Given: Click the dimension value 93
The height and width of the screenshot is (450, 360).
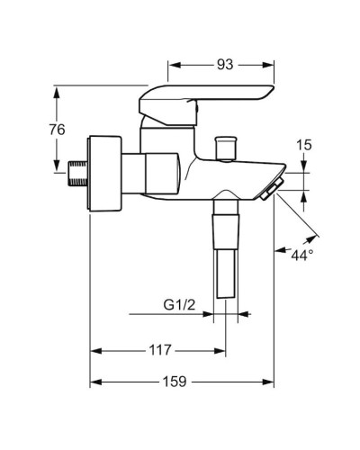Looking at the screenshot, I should coord(224,64).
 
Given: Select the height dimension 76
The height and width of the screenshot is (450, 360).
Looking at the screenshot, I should coord(56,130).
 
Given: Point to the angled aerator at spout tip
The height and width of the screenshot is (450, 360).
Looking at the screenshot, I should coord(271,188).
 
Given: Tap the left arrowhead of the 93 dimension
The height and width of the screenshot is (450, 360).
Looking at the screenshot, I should coord(175,65).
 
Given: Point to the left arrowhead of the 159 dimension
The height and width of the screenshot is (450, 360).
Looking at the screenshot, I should coord(94,382).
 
